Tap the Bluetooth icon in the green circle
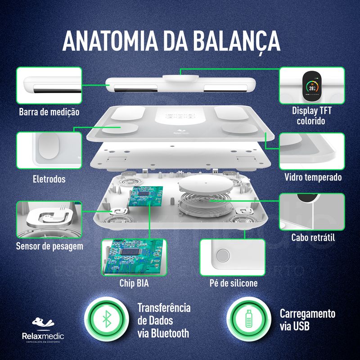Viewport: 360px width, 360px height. tap(107, 319)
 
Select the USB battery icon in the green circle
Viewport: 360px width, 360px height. tap(249, 319)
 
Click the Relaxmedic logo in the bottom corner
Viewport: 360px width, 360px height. tap(43, 330)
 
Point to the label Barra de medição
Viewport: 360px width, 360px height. tap(49, 112)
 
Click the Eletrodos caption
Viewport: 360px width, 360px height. tap(49, 179)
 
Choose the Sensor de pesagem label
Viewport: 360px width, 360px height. tap(49, 246)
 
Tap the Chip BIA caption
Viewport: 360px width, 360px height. tap(134, 283)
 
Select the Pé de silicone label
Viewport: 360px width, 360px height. tap(234, 283)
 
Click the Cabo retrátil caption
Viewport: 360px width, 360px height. tap(313, 238)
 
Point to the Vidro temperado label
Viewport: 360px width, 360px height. tap(313, 177)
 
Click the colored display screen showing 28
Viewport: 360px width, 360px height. tap(312, 86)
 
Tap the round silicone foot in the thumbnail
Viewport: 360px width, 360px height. tap(223, 255)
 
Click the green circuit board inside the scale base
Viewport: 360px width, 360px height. tap(145, 196)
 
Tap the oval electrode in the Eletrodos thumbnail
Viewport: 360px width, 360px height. tap(49, 146)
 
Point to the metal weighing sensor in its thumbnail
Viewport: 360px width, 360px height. tap(50, 218)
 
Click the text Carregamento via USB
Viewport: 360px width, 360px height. tap(307, 320)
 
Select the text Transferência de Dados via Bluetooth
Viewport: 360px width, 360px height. tap(164, 320)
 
